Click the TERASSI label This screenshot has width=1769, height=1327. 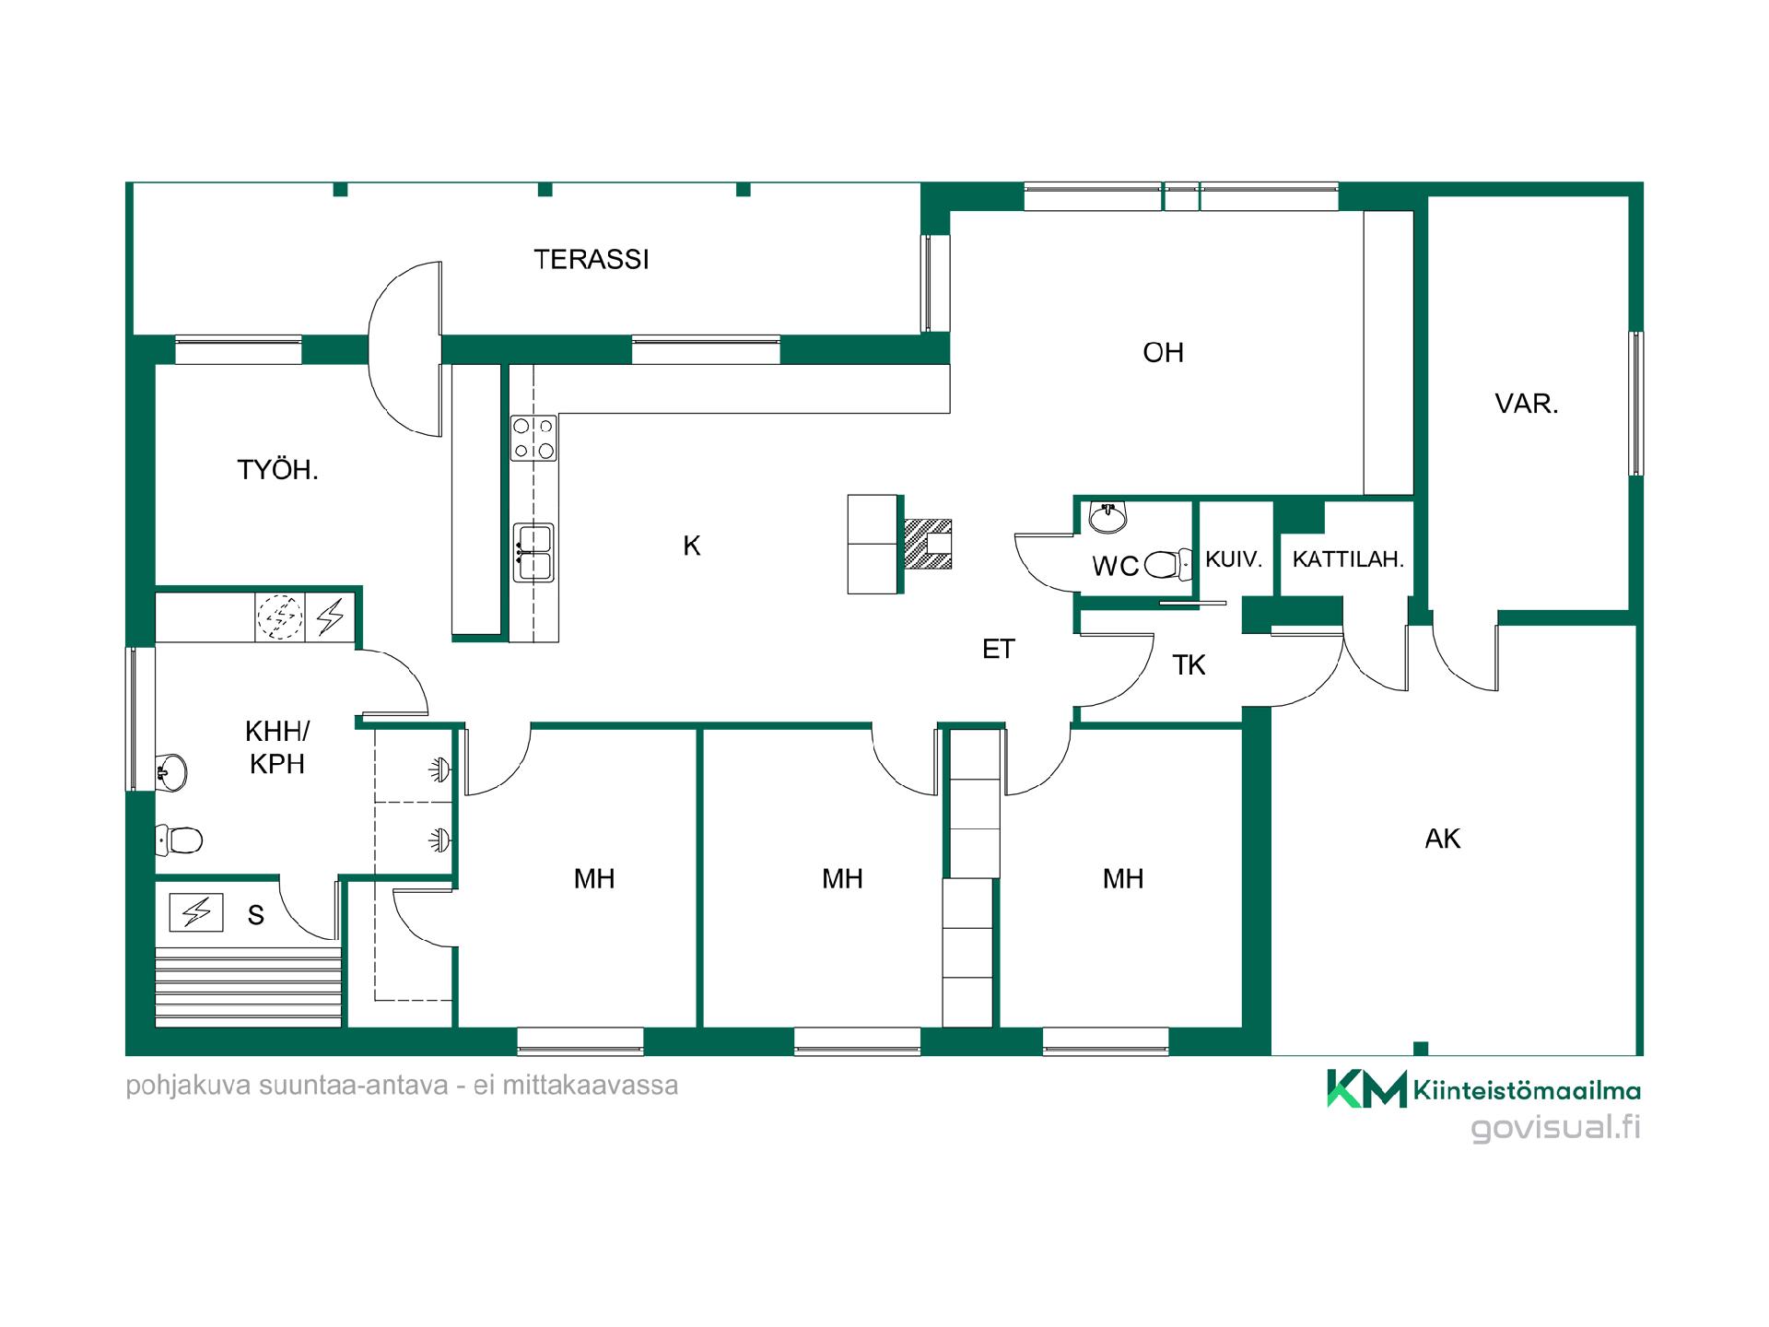(592, 260)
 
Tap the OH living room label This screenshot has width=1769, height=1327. (1163, 352)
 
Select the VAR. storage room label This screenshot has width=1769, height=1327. (1527, 404)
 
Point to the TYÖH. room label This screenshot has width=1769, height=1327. (278, 470)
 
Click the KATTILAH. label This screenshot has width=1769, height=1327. (1348, 558)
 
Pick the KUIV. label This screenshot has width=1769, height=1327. (1233, 558)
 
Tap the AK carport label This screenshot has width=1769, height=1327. (1443, 839)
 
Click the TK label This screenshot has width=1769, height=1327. (1189, 665)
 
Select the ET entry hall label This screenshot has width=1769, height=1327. (999, 650)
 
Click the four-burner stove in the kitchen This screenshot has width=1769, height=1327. (534, 438)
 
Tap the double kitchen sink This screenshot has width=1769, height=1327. (534, 552)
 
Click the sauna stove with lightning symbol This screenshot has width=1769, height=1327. (196, 912)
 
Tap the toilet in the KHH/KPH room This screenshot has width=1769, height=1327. (180, 840)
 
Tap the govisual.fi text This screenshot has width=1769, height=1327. (1556, 1129)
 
